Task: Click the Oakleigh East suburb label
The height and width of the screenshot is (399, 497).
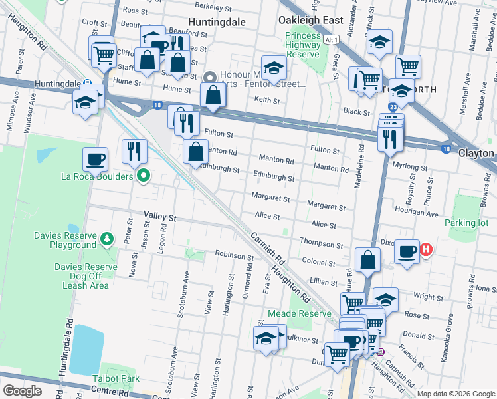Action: pyautogui.click(x=311, y=20)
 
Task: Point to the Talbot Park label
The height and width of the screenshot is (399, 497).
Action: pyautogui.click(x=120, y=378)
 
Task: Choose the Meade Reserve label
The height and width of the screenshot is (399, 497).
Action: pyautogui.click(x=299, y=313)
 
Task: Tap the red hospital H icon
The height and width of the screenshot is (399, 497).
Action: pyautogui.click(x=426, y=251)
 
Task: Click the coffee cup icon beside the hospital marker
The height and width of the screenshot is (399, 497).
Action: pyautogui.click(x=407, y=252)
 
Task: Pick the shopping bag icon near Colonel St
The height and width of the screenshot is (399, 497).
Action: pyautogui.click(x=367, y=259)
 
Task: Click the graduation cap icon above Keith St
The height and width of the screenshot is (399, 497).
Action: pyautogui.click(x=273, y=66)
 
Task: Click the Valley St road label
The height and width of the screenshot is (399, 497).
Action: pyautogui.click(x=160, y=217)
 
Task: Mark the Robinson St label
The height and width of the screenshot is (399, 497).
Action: pyautogui.click(x=234, y=255)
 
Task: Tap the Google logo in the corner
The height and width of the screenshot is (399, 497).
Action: pyautogui.click(x=22, y=391)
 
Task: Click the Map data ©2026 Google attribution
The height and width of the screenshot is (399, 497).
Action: pyautogui.click(x=456, y=394)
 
